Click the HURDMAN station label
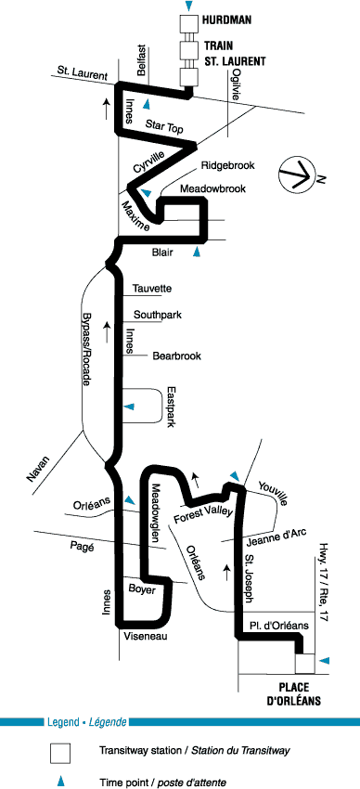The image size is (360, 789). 226,20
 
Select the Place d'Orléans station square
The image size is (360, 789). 304,663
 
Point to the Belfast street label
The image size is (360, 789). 141,60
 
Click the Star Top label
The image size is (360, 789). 164,126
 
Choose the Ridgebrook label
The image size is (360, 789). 227,165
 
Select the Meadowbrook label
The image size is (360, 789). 212,188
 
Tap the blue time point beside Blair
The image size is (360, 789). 197,252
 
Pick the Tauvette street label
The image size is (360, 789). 152,289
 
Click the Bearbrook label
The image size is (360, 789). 176,356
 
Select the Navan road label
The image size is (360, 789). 39,469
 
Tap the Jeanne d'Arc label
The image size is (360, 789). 277,537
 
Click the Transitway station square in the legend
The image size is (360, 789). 59,754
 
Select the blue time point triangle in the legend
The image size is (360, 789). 61,782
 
